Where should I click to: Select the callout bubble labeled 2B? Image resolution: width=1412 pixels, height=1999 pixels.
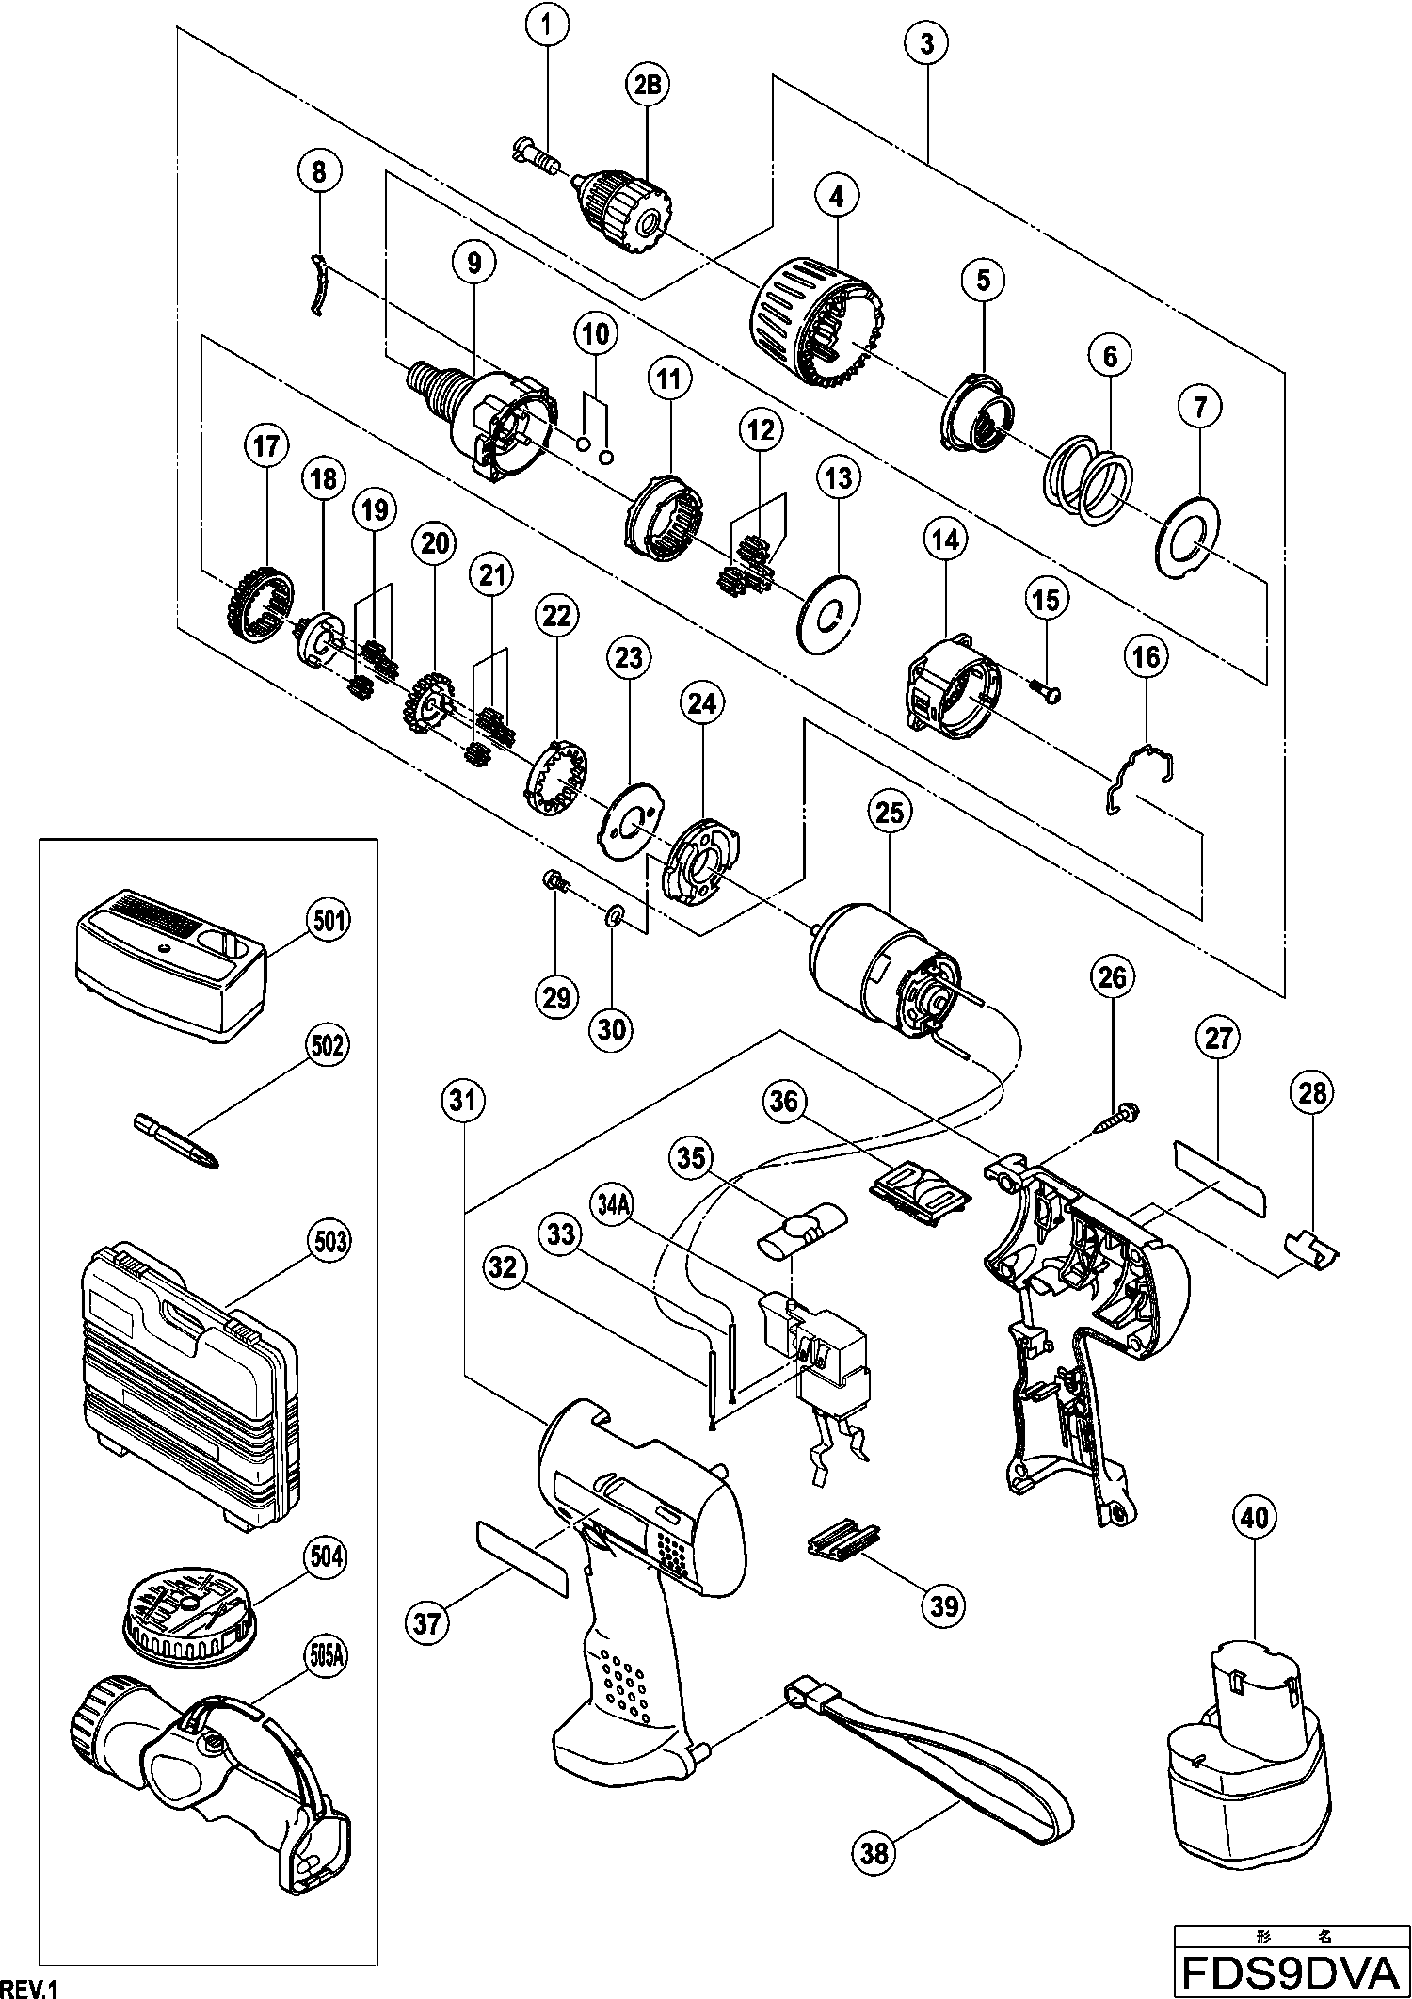click(x=647, y=84)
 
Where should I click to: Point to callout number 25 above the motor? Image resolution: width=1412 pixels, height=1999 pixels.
click(x=890, y=811)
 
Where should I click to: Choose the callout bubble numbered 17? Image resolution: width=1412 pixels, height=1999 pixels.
click(x=266, y=445)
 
